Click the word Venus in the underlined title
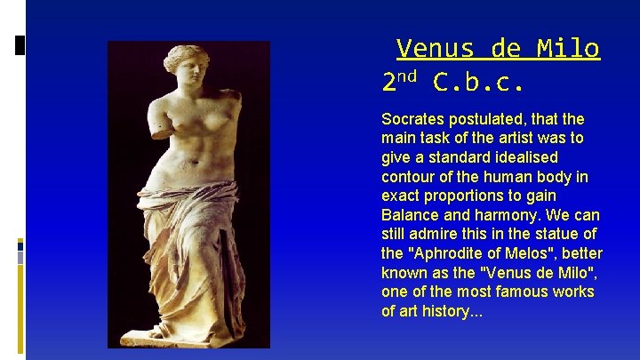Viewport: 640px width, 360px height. tap(429, 48)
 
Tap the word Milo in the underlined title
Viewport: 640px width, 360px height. tap(568, 48)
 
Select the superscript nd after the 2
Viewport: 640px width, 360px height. tap(408, 78)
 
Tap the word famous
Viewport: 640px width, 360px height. tap(516, 292)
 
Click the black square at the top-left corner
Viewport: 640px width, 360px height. tap(20, 44)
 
